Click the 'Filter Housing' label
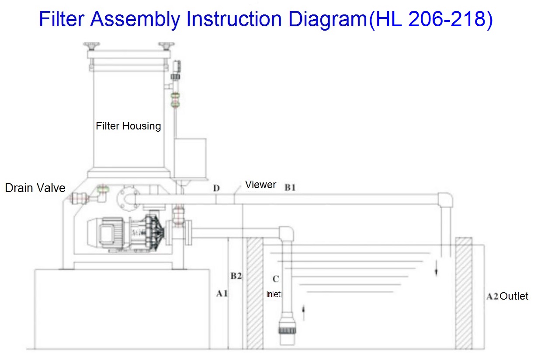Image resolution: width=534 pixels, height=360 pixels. click(128, 126)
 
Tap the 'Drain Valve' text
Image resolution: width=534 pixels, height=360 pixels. click(35, 188)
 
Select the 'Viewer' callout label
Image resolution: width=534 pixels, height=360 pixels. click(260, 185)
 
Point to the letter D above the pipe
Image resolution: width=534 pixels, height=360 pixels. click(216, 189)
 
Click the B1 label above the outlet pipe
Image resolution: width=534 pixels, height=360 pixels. click(290, 188)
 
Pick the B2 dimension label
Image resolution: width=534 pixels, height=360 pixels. click(236, 276)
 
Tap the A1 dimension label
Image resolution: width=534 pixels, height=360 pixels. click(222, 294)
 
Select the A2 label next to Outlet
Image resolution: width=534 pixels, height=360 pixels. click(492, 296)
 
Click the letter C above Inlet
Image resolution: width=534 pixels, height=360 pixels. click(276, 279)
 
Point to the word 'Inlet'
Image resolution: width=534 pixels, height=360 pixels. click(274, 294)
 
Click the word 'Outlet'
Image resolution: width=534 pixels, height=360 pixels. click(514, 296)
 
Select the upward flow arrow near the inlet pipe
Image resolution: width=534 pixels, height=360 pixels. click(303, 313)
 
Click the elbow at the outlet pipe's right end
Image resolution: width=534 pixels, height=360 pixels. click(445, 199)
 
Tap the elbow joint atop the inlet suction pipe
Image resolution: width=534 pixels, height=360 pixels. click(286, 233)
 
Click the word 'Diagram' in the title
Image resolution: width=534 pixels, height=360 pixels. click(328, 19)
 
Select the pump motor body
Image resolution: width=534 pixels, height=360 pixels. click(108, 233)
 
